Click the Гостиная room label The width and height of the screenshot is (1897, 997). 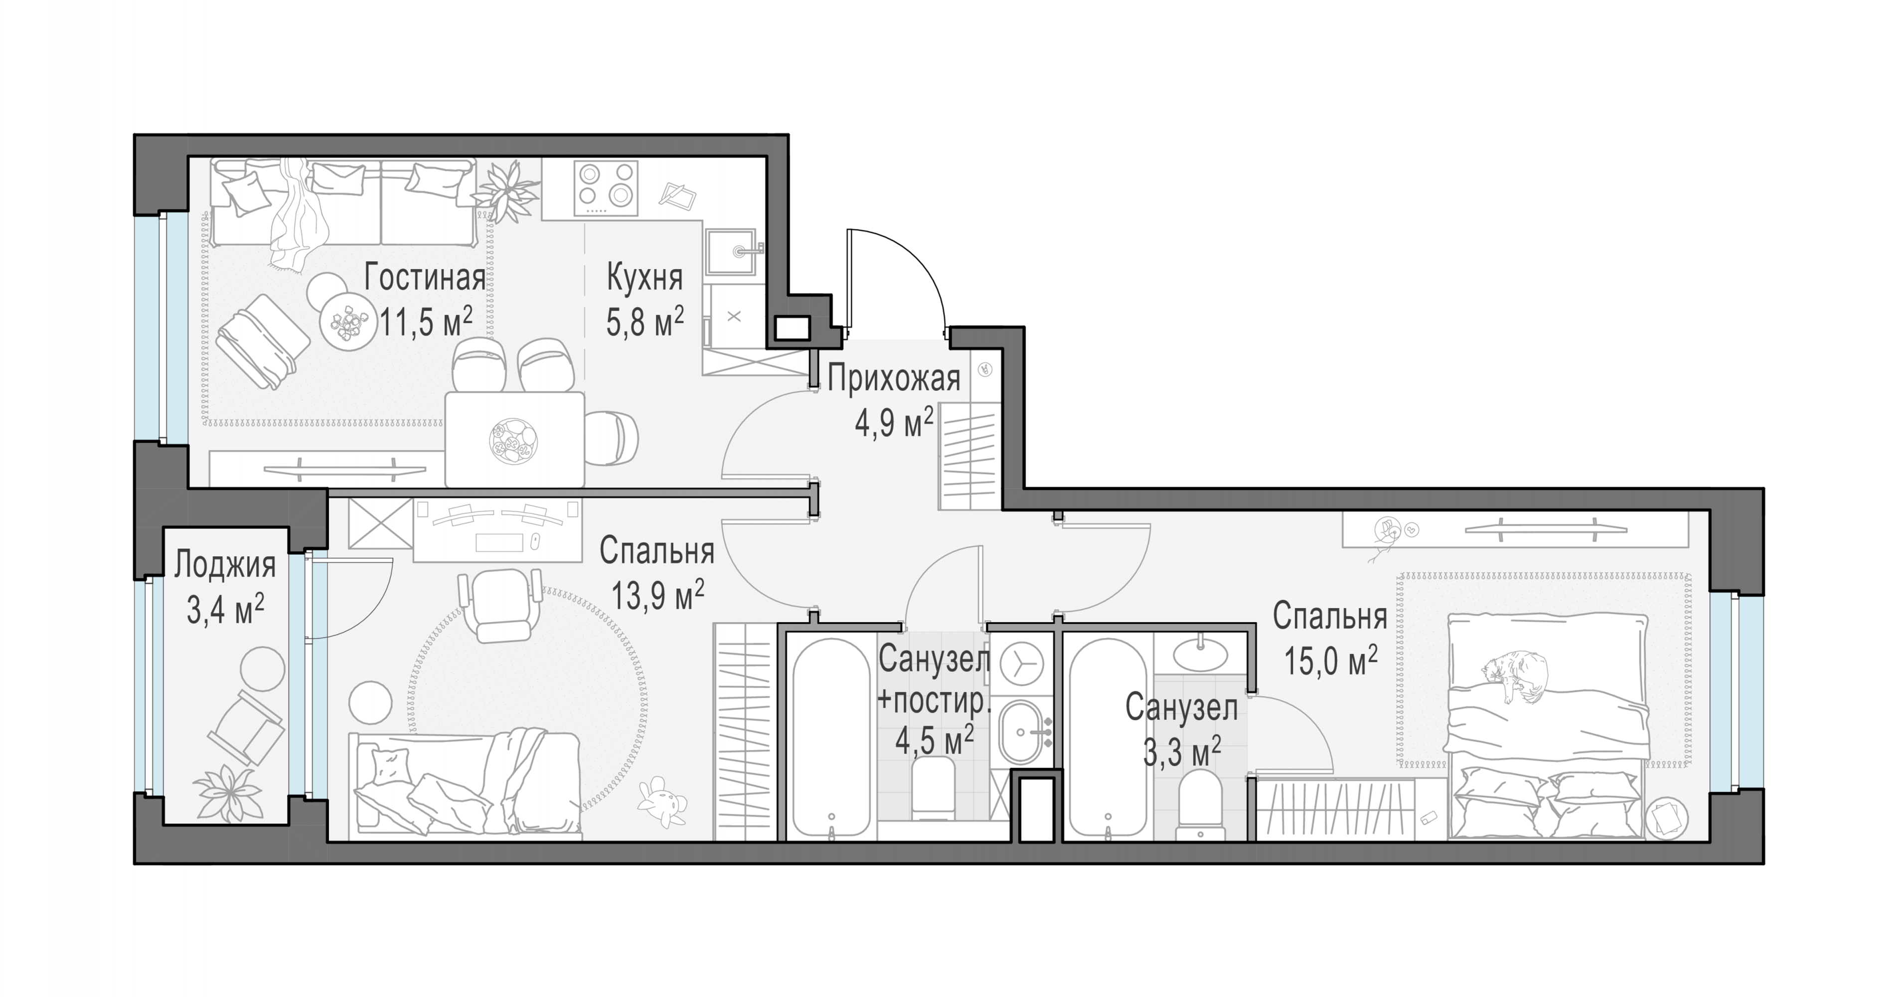(x=425, y=278)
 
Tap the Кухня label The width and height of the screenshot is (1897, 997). (x=644, y=278)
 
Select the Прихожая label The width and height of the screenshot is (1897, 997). (x=894, y=379)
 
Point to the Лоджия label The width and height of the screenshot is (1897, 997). (x=225, y=565)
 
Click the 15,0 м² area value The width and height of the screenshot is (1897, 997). (x=1331, y=661)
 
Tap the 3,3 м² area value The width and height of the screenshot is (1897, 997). (x=1182, y=752)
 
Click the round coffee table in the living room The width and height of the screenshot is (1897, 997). (x=344, y=323)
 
